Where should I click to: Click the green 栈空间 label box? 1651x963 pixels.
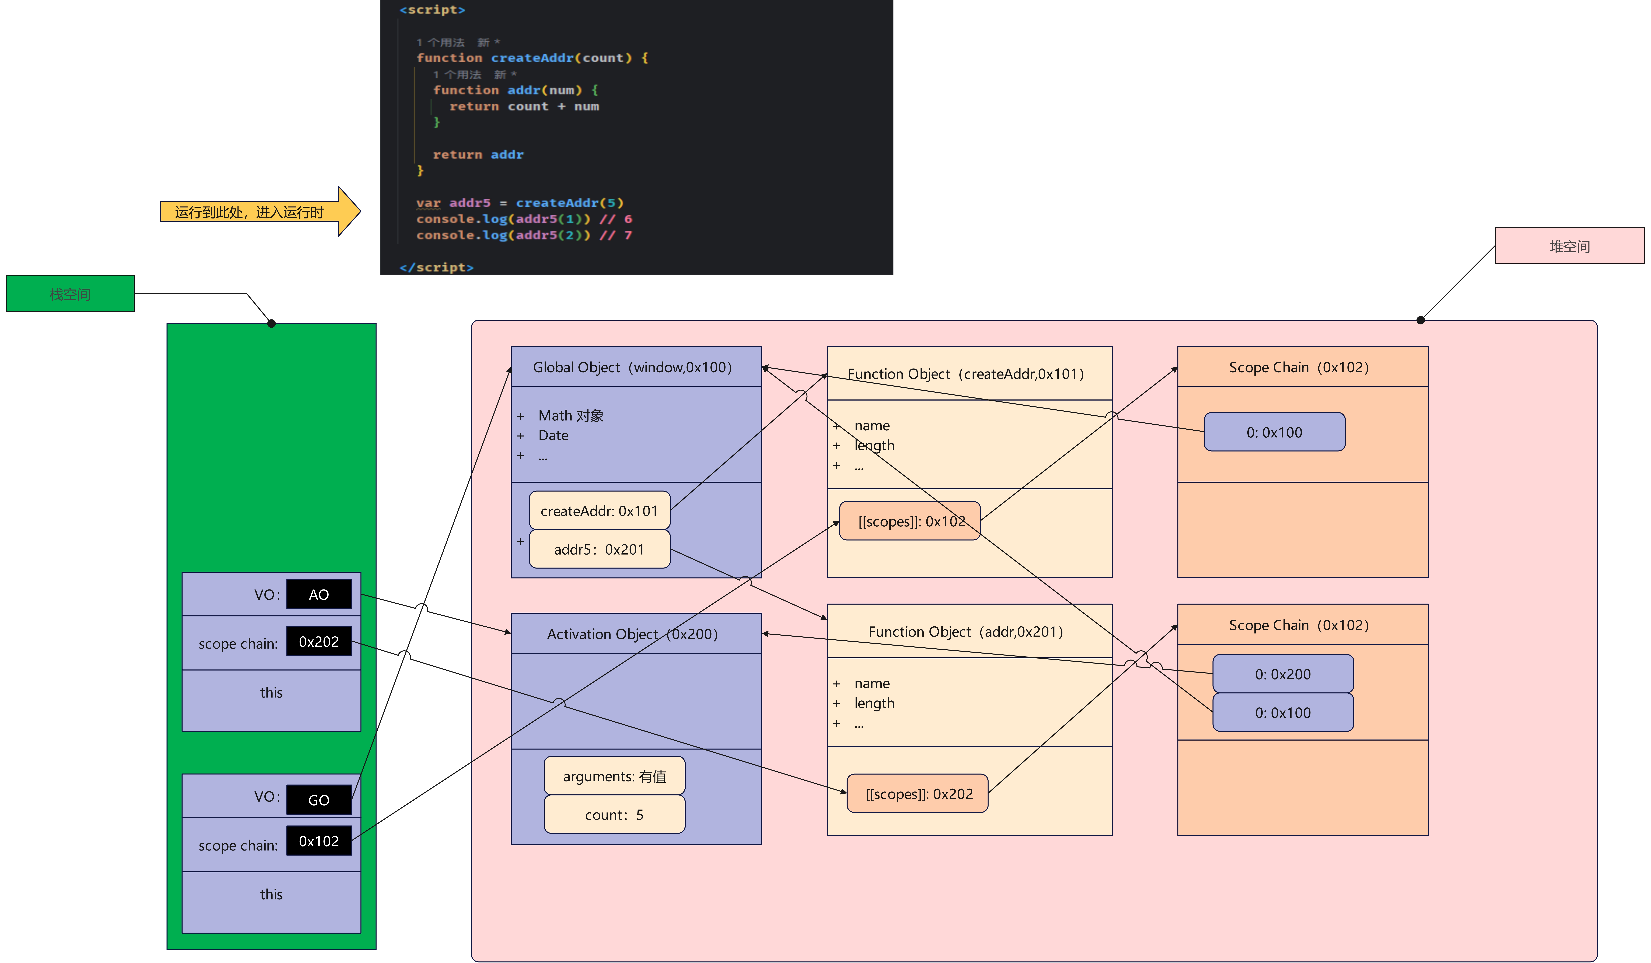point(70,293)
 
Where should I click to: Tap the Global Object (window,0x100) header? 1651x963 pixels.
point(635,367)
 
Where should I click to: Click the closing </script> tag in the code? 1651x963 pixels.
point(436,267)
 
